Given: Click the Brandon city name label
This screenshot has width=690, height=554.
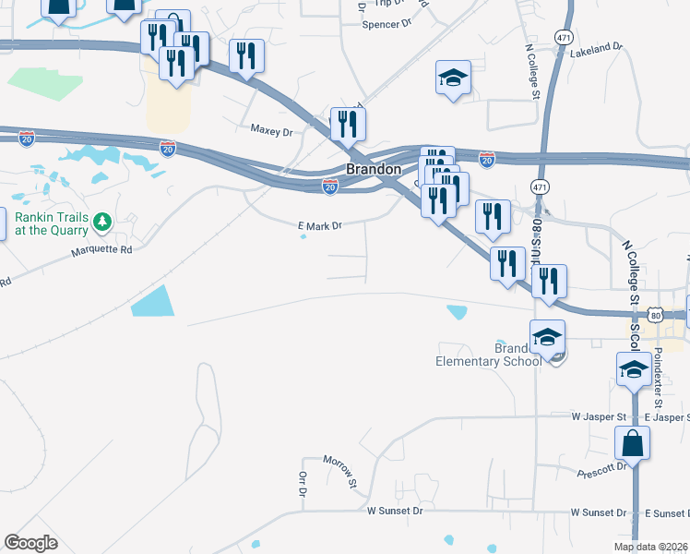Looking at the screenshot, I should point(373,170).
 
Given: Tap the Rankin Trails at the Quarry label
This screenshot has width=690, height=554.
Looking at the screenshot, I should point(49,223).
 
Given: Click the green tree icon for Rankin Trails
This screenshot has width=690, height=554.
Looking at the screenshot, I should point(104,222).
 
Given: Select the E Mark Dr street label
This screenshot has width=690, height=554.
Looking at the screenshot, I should point(319,225).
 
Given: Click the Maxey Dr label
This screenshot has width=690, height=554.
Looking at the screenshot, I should point(271,132).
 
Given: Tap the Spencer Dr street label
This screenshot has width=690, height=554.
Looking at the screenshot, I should point(386,25).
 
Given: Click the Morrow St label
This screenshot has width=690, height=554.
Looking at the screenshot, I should point(339,470).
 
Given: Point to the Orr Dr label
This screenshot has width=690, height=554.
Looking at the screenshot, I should point(302,484).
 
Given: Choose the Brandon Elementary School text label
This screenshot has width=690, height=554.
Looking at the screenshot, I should point(489,355).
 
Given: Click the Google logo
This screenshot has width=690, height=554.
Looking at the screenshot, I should point(30,543).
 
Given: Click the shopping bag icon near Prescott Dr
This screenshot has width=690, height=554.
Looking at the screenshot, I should point(635,443).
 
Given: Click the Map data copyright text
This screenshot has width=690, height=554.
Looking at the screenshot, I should point(650,547).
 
